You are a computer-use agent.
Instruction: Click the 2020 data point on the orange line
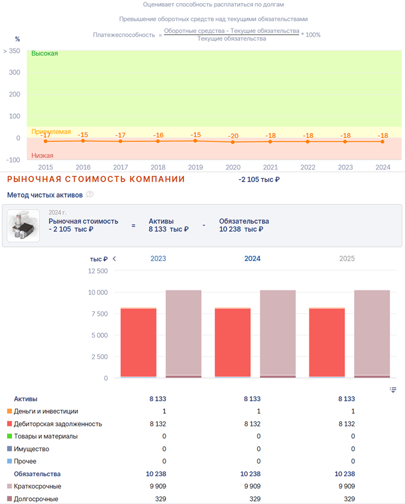click(x=233, y=142)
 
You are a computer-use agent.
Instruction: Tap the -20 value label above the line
click(x=233, y=136)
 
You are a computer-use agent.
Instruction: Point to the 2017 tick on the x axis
click(x=121, y=167)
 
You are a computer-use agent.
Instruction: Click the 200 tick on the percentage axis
click(x=15, y=94)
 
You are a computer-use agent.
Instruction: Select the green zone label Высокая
click(x=44, y=53)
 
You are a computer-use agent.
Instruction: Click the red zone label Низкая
click(x=42, y=155)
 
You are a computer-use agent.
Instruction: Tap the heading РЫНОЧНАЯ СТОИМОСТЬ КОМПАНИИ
click(x=96, y=179)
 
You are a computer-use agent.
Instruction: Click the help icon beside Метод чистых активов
click(x=90, y=194)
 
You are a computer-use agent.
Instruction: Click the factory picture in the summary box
click(x=23, y=226)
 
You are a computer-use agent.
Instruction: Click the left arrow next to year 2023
click(x=114, y=259)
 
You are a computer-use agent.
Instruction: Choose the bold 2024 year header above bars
click(x=252, y=259)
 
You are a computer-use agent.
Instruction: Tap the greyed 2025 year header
click(x=347, y=259)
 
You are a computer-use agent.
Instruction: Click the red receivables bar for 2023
click(x=139, y=342)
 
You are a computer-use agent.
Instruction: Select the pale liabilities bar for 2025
click(x=372, y=333)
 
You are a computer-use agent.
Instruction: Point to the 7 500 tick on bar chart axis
click(x=99, y=314)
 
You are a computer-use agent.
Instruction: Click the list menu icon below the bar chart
click(x=393, y=390)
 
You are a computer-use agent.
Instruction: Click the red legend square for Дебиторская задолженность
click(x=10, y=423)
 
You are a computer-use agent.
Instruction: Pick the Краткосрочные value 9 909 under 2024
click(x=252, y=486)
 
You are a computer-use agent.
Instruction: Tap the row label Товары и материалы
click(x=46, y=436)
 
